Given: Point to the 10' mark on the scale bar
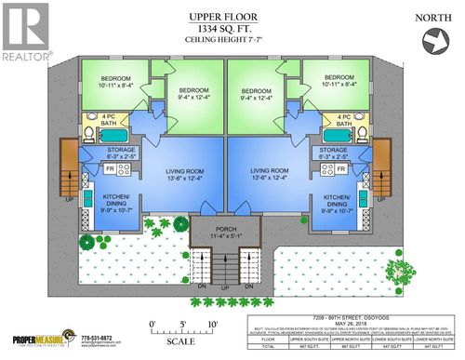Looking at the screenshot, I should coord(215,324).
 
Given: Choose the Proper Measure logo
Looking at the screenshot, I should coord(42,341).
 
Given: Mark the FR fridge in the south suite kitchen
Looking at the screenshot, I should coord(110,169).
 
